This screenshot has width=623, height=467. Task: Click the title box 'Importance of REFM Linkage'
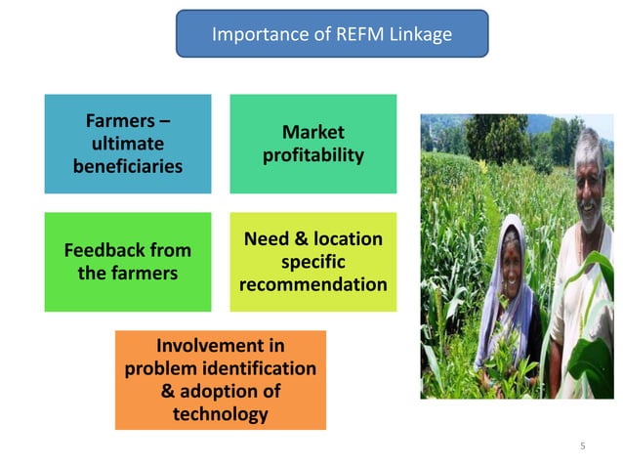pyautogui.click(x=332, y=34)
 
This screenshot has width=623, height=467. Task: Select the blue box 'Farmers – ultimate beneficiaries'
pyautogui.click(x=127, y=144)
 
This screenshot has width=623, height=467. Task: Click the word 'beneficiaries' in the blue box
pyautogui.click(x=127, y=166)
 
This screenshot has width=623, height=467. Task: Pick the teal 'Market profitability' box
pyautogui.click(x=312, y=144)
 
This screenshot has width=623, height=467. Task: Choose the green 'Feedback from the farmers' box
pyautogui.click(x=127, y=261)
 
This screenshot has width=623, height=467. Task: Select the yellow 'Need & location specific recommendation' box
pyautogui.click(x=312, y=262)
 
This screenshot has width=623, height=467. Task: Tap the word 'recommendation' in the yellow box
pyautogui.click(x=312, y=285)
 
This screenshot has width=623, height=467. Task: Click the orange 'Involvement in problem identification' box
pyautogui.click(x=220, y=380)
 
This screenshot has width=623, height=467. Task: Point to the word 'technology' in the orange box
pyautogui.click(x=220, y=414)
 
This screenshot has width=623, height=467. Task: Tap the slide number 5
pyautogui.click(x=582, y=446)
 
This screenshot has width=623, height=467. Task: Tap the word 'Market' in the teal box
pyautogui.click(x=312, y=132)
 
